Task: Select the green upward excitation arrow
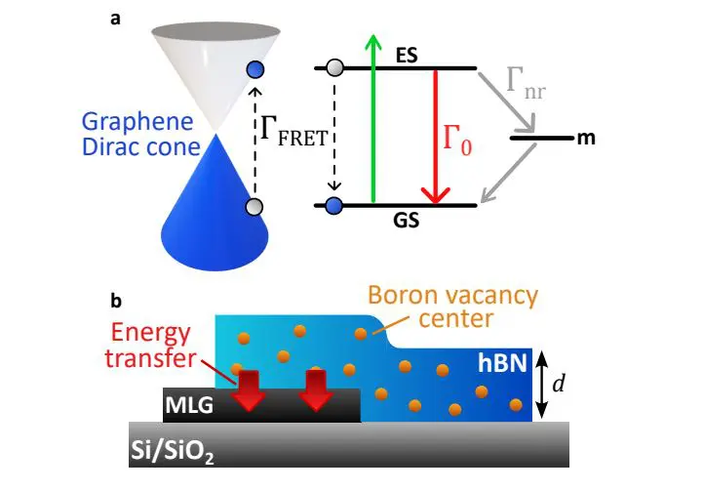click(x=371, y=117)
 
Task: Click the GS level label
click(x=408, y=221)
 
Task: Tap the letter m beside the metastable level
click(x=585, y=139)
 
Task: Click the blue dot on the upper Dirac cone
click(x=255, y=69)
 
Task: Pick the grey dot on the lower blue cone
click(x=254, y=206)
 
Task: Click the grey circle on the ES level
click(x=335, y=68)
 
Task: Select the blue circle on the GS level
click(x=334, y=206)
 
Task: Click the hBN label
click(x=503, y=360)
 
